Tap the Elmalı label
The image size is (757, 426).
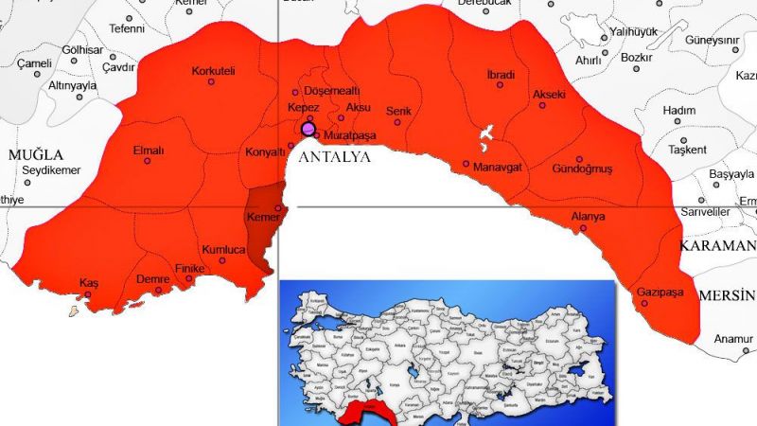tap(149, 150)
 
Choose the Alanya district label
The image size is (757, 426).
tap(588, 217)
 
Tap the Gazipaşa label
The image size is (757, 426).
tap(660, 291)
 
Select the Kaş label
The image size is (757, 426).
tap(89, 283)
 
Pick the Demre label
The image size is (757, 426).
tap(152, 281)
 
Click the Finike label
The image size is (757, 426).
tap(189, 269)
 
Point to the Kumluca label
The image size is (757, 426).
tap(225, 249)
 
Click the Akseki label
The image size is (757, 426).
tap(549, 96)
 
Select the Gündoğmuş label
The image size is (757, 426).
tap(582, 169)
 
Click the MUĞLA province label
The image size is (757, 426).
tap(35, 154)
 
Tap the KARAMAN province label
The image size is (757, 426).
tap(713, 245)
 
